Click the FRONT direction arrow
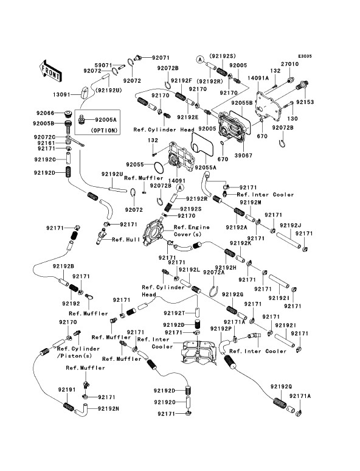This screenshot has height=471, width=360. (x=50, y=71)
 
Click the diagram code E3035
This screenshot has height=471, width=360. (x=305, y=56)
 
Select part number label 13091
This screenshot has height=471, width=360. (x=61, y=94)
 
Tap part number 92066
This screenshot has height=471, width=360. (x=46, y=113)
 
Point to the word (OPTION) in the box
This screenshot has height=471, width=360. (x=104, y=131)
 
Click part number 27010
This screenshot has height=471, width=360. (x=289, y=64)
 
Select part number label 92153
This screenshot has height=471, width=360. (x=305, y=102)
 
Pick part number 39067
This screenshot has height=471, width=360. (x=243, y=155)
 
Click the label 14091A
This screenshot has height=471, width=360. (x=258, y=78)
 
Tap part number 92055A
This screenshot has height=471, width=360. (x=206, y=167)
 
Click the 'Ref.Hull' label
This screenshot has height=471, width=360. (x=126, y=239)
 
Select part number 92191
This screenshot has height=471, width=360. (x=67, y=389)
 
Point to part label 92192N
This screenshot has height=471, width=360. (x=108, y=408)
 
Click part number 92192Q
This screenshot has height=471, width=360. (x=281, y=386)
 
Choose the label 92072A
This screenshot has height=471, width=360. (x=214, y=272)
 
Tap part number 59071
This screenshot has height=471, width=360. (x=103, y=65)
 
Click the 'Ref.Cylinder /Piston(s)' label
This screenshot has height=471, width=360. (x=78, y=352)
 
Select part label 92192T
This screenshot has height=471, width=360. (x=175, y=313)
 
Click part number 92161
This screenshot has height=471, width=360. (x=47, y=143)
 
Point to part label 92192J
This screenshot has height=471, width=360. (x=291, y=225)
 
